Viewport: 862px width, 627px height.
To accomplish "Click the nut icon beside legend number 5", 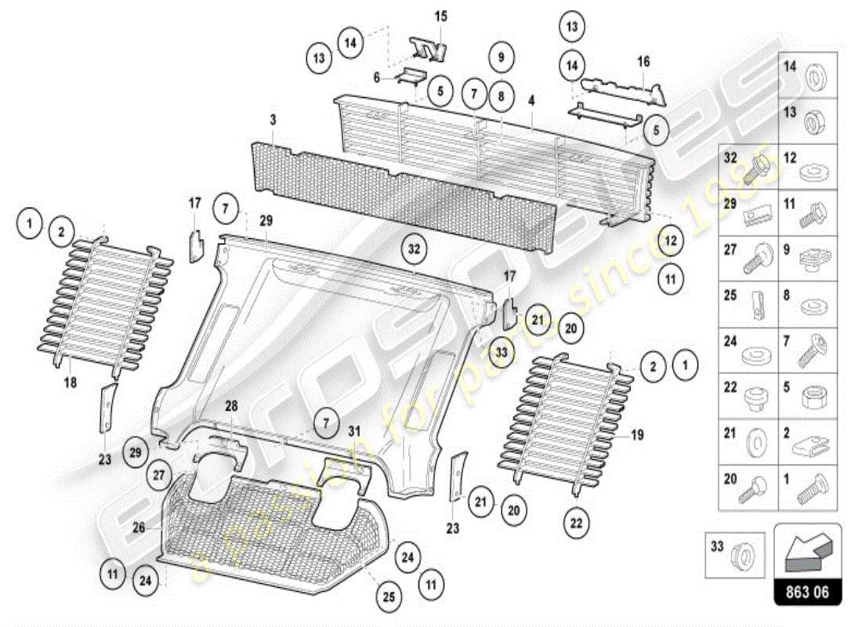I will pos(809,397).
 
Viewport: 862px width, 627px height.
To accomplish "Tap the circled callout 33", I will pos(502,353).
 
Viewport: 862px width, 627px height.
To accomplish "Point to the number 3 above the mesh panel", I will pos(273,120).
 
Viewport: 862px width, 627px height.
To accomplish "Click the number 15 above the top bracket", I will pos(440,16).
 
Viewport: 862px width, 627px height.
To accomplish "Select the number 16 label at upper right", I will pos(643,60).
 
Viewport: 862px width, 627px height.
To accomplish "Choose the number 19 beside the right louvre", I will pos(637,434).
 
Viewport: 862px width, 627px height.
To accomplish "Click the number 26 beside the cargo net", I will pos(138,527).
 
